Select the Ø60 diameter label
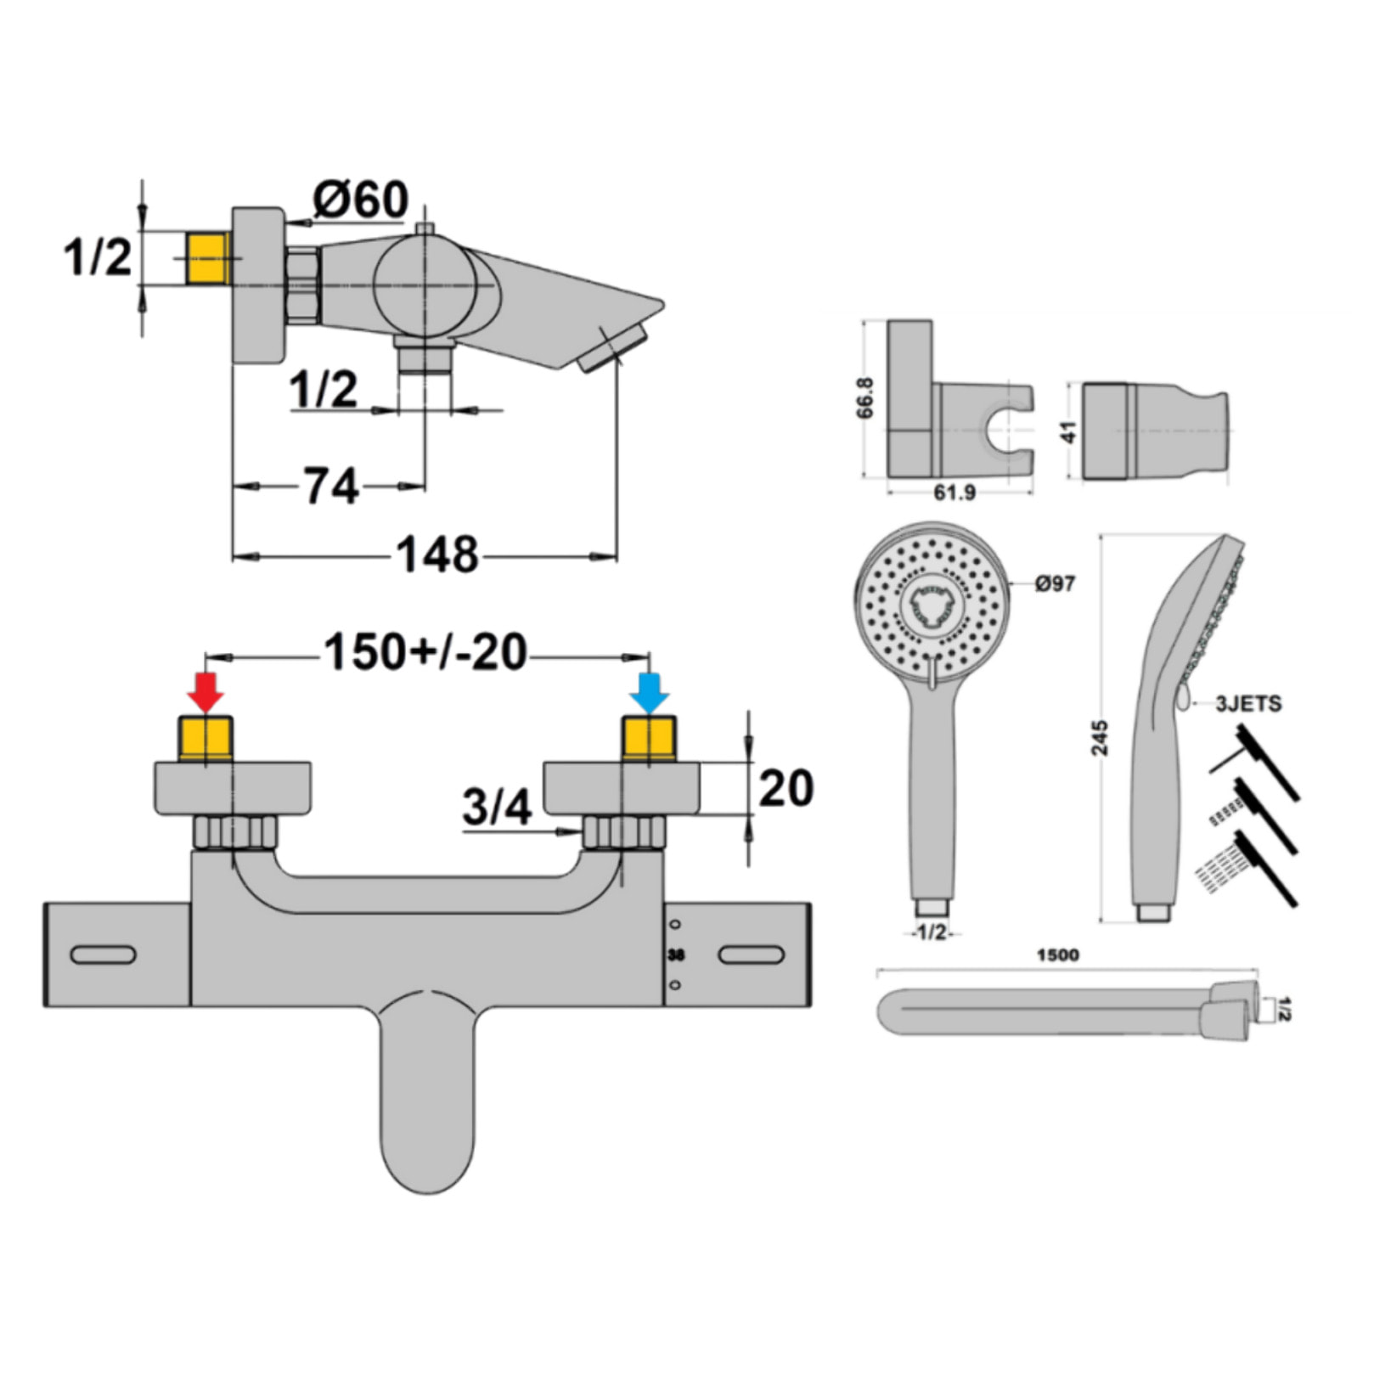[360, 200]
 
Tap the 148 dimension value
[437, 556]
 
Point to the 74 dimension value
[331, 487]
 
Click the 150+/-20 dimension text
[425, 653]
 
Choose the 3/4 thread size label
[497, 807]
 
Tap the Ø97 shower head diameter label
[1054, 583]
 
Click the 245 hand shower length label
[1100, 737]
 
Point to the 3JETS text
[1247, 704]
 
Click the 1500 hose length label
[1057, 955]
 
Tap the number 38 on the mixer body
[676, 954]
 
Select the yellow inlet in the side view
[207, 259]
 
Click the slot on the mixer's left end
[103, 954]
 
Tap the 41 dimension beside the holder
[1068, 431]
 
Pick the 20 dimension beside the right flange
[786, 788]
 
